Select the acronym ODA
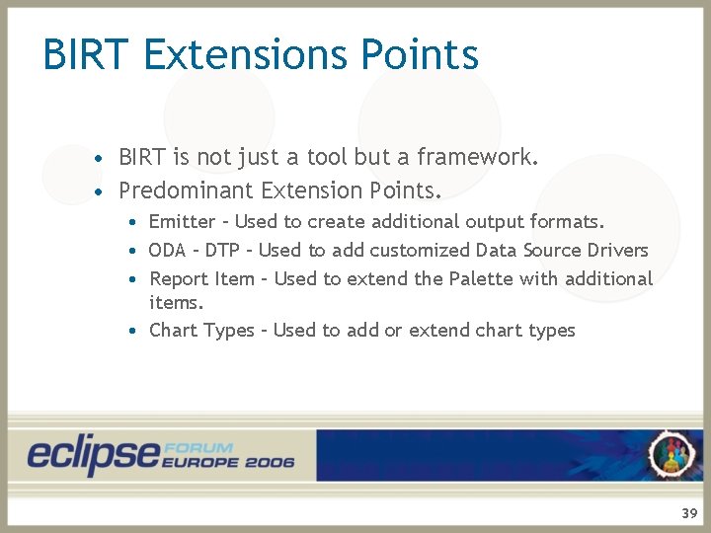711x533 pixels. [168, 251]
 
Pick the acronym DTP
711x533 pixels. [222, 251]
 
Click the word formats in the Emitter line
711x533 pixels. [570, 222]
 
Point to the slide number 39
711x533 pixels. [688, 513]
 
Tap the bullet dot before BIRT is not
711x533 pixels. [99, 158]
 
